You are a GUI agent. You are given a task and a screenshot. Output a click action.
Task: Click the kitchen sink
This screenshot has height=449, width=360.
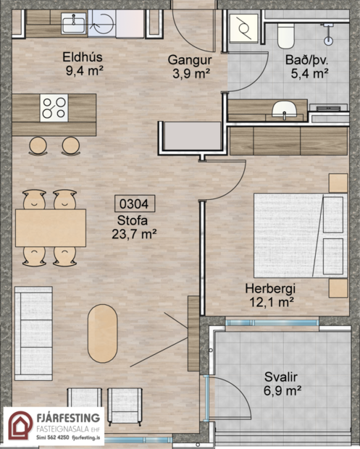[x=73, y=25]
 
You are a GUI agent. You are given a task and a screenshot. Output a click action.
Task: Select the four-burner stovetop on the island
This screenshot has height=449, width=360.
[x=54, y=107]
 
